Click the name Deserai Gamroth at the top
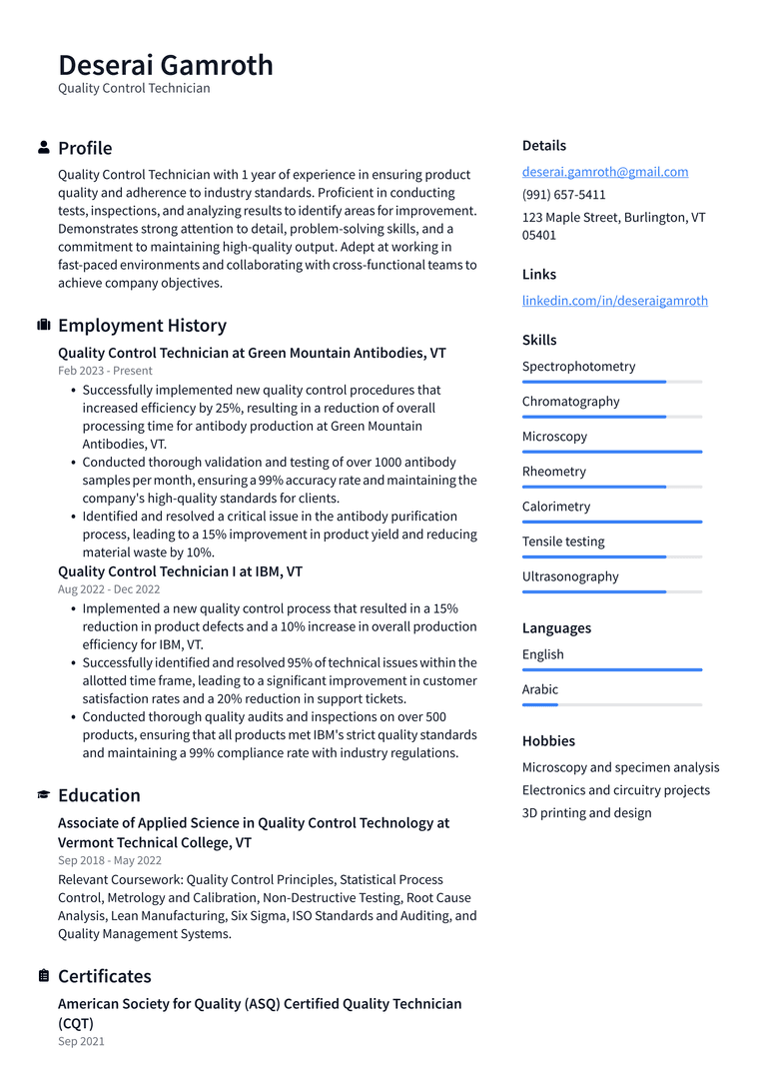(x=166, y=65)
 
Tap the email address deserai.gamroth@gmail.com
(x=604, y=172)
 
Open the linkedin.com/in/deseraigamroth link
(x=614, y=301)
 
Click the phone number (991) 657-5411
(x=563, y=195)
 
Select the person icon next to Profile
(x=44, y=148)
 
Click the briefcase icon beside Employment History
(x=44, y=325)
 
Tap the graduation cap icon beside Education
(x=44, y=795)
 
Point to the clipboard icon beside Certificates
(x=44, y=976)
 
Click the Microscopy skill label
(x=554, y=437)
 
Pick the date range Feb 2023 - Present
(x=105, y=371)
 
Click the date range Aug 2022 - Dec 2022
(x=109, y=589)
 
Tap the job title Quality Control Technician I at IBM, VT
(x=180, y=571)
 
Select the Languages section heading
(x=556, y=628)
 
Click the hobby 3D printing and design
(x=586, y=813)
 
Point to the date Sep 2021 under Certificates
(x=81, y=1041)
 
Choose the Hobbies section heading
(x=548, y=741)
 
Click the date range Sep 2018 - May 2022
(x=110, y=860)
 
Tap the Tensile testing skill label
(x=563, y=542)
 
